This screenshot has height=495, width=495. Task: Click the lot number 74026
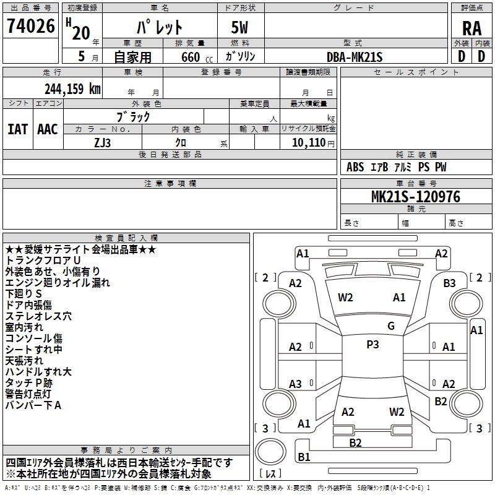31,26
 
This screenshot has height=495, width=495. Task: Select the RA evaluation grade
471,28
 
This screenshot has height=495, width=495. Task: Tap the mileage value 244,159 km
72,89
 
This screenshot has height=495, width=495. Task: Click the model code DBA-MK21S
354,57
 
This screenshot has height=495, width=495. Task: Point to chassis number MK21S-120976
416,197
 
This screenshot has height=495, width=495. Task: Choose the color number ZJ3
102,143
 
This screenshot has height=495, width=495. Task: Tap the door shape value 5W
239,27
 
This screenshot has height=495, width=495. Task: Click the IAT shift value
17,129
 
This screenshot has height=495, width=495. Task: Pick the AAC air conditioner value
48,129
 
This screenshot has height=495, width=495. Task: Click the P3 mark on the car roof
372,345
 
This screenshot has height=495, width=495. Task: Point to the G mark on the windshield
391,326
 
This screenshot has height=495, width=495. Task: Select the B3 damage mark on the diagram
449,283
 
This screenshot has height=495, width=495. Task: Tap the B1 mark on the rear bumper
304,457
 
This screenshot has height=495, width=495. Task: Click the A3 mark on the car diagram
295,384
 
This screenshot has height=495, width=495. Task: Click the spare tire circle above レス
270,452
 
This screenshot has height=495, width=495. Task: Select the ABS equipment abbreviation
355,167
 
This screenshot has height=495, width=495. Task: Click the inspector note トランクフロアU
43,260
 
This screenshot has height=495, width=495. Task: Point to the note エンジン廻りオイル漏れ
58,283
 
